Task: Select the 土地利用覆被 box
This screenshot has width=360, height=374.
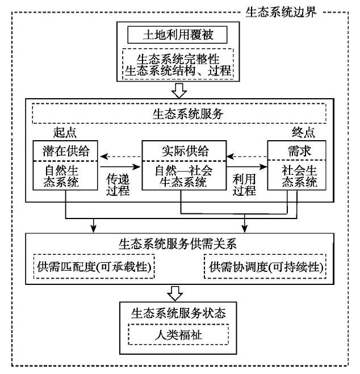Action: point(177,35)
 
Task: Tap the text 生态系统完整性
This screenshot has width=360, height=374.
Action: point(177,58)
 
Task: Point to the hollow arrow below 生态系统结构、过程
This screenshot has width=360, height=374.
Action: point(179,90)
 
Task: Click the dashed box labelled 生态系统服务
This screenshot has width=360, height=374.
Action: point(179,114)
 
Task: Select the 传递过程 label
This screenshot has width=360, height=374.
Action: point(119,185)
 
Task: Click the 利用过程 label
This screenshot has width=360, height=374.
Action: point(245,185)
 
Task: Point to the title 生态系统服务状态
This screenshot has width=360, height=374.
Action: point(179,313)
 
